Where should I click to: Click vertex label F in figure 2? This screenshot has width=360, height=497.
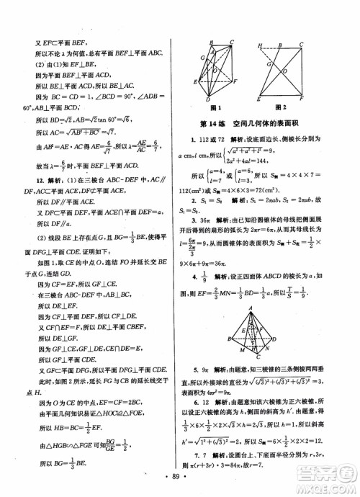(x=321, y=96)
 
